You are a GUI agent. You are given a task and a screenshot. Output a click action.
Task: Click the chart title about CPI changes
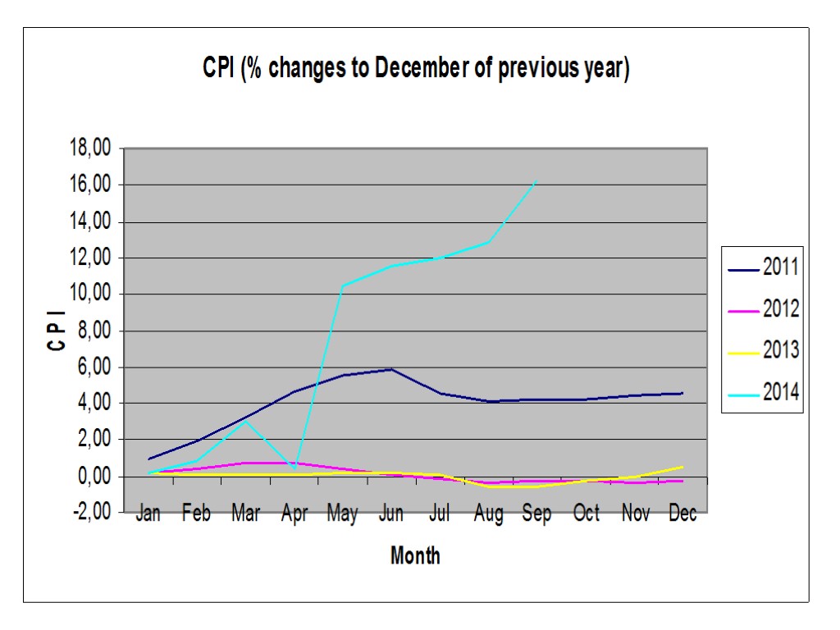click(x=416, y=69)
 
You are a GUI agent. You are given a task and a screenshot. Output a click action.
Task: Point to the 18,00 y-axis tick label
click(x=89, y=149)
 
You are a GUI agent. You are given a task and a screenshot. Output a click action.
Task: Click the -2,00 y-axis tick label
click(x=89, y=513)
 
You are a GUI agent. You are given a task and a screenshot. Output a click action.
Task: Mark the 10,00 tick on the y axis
click(x=89, y=294)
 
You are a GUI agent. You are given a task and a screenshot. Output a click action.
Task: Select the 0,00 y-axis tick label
click(x=91, y=477)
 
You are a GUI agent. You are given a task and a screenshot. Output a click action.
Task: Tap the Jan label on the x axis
click(x=148, y=514)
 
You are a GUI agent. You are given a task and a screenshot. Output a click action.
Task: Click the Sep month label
click(x=536, y=514)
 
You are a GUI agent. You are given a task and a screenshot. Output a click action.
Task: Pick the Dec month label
click(x=682, y=514)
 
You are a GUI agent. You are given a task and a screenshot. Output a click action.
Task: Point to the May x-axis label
click(x=342, y=514)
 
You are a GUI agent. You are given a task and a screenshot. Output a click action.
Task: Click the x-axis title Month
click(x=415, y=555)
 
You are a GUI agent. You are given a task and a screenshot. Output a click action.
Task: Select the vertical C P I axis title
click(x=57, y=331)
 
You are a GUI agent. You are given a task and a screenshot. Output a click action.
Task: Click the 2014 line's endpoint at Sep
click(x=536, y=181)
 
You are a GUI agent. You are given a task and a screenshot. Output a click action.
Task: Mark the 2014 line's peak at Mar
click(x=245, y=421)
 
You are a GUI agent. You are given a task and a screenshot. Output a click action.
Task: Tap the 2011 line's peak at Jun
click(x=391, y=369)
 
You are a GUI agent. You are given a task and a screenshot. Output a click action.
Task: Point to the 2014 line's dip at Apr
click(x=294, y=468)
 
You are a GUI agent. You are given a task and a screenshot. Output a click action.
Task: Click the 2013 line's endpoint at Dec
click(x=682, y=467)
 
